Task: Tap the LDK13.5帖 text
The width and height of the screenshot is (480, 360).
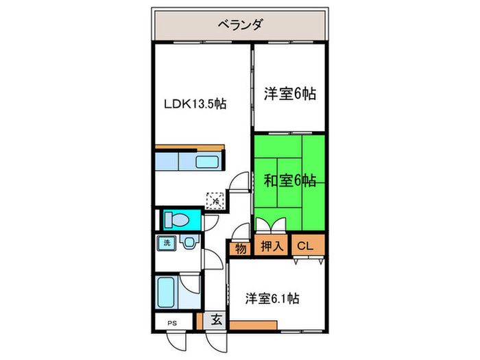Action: [195, 104]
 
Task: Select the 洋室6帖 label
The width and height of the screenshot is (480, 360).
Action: [289, 95]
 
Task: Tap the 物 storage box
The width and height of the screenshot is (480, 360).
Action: [241, 248]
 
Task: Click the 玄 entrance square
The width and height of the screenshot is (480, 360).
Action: [215, 319]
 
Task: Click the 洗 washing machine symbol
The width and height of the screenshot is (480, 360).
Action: [167, 242]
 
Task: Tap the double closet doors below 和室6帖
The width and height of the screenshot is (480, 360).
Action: [272, 227]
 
